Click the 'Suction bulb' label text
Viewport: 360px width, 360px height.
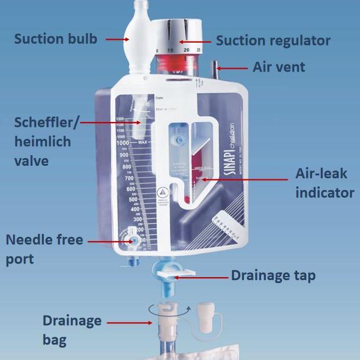pos(56,39)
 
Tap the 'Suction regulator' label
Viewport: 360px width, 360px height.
pos(273,41)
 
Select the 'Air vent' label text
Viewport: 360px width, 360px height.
pos(279,66)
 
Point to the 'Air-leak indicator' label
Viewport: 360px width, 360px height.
pos(324,184)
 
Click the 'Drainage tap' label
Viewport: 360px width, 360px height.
pos(273,275)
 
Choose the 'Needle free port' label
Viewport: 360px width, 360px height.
pos(44,249)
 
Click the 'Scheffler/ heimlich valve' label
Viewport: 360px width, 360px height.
pos(43,142)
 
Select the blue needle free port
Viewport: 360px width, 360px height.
pos(132,243)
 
